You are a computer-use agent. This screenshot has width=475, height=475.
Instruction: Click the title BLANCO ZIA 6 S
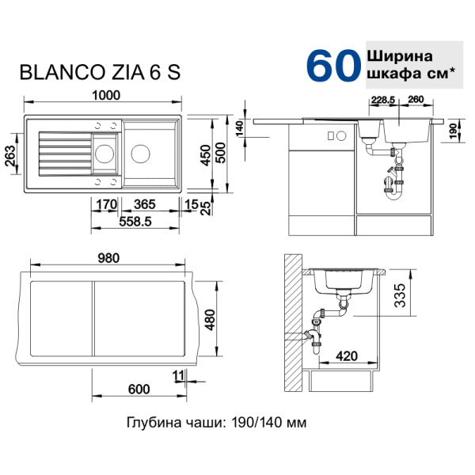point(100,72)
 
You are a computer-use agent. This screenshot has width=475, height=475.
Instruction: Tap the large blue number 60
point(333,66)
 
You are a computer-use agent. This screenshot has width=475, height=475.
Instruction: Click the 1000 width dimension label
point(106,96)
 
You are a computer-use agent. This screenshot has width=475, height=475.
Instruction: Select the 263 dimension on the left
point(10,156)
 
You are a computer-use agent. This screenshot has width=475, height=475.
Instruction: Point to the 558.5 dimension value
point(135,222)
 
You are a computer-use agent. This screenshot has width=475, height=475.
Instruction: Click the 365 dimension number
point(145,204)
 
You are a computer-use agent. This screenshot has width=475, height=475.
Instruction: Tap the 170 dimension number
point(107,204)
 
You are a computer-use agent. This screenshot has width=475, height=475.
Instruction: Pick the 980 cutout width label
point(108,258)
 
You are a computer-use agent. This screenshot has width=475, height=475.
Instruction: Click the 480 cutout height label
point(210,320)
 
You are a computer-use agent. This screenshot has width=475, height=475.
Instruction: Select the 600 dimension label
point(139,389)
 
